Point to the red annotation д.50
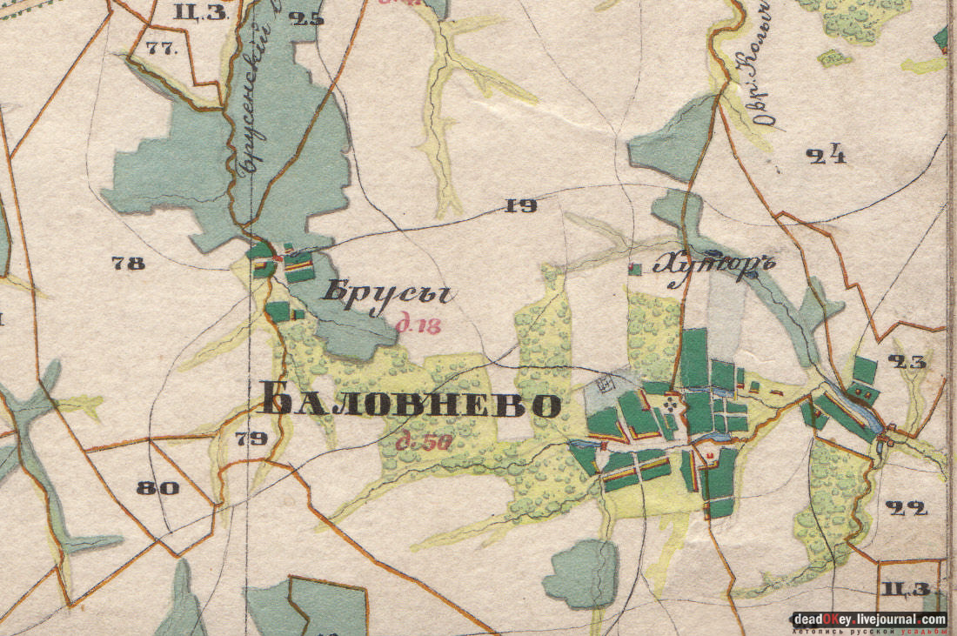pos(424,443)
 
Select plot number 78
pos(129,263)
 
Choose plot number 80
pos(157,488)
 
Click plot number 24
pos(826,157)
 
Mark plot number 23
pos(907,363)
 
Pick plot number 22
pos(906,508)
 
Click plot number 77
pos(162,49)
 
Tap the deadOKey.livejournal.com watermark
pos(867,619)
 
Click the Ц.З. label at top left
pos(200,12)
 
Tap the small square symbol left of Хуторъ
pos(637,270)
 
